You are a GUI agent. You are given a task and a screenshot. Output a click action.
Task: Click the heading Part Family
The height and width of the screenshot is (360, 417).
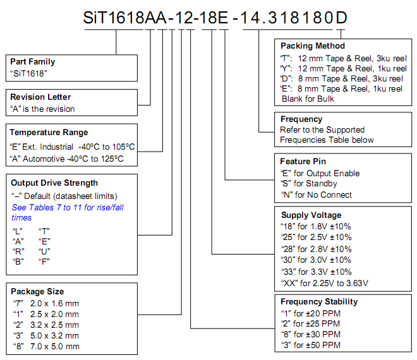point(33,62)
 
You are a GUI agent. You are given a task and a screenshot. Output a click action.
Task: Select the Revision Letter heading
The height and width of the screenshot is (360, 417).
point(40,97)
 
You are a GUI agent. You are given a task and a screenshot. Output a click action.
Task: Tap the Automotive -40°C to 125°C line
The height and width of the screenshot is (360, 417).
point(66,159)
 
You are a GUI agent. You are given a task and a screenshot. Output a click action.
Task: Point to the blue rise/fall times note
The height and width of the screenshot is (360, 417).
point(68,212)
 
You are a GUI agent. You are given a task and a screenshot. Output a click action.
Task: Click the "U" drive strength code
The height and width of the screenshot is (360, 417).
point(44,251)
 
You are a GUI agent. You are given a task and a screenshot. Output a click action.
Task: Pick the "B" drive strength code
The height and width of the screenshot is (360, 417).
point(18,261)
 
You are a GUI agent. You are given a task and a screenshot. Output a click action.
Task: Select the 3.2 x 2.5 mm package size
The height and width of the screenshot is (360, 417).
point(46,325)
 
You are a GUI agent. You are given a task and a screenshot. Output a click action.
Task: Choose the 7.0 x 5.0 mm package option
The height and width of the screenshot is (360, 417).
point(46,347)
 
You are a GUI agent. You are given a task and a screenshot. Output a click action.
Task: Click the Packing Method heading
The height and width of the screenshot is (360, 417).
point(313,45)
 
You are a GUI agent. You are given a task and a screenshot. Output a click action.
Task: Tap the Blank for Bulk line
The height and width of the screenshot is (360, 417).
point(308,99)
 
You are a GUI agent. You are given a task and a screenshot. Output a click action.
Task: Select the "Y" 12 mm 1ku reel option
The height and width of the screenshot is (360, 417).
point(343,69)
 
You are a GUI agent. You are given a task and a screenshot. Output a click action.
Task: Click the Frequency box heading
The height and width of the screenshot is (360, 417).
point(301,119)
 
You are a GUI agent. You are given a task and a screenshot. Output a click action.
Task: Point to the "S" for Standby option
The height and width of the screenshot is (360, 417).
point(309,183)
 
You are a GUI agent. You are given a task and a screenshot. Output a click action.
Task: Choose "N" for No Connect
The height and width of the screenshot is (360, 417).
point(316,195)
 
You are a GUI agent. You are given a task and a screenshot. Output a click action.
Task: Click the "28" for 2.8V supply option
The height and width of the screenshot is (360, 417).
point(316,249)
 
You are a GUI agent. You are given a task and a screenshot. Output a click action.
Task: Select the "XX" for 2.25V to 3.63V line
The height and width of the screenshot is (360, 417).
point(325,283)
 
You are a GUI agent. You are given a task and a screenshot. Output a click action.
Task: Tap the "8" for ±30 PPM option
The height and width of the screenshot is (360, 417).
point(311,334)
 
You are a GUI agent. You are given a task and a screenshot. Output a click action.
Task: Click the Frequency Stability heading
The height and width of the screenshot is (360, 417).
point(319,301)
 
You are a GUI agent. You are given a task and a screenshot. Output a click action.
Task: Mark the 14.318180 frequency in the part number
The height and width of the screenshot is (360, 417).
point(287,18)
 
